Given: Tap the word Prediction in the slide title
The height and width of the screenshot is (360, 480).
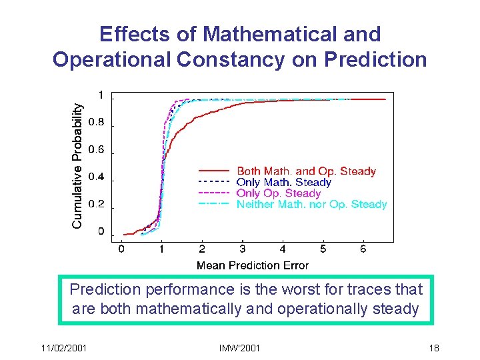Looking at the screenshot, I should pyautogui.click(x=375, y=59).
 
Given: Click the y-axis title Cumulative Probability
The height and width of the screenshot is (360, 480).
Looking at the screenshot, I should pyautogui.click(x=78, y=165).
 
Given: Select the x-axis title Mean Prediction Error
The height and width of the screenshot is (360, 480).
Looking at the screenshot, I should pyautogui.click(x=252, y=265).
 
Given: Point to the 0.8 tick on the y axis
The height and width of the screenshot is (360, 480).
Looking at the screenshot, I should pyautogui.click(x=97, y=123).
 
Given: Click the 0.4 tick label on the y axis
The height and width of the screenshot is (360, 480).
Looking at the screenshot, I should pyautogui.click(x=97, y=177).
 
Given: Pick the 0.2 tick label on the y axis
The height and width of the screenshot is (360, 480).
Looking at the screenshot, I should pyautogui.click(x=97, y=205).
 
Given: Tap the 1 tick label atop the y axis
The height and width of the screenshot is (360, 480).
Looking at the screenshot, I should pyautogui.click(x=101, y=95).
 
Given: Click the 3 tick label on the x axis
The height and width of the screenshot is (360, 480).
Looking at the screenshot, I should pyautogui.click(x=242, y=249).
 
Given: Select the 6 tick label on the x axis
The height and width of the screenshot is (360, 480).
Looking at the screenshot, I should pyautogui.click(x=363, y=249).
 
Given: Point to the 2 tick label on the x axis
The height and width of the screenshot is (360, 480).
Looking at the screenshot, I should pyautogui.click(x=202, y=249).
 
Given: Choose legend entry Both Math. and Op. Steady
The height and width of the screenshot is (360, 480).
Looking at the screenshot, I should pyautogui.click(x=306, y=171).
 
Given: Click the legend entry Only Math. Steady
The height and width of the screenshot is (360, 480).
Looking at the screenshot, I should pyautogui.click(x=284, y=182).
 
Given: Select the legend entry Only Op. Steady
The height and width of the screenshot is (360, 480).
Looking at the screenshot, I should pyautogui.click(x=279, y=193).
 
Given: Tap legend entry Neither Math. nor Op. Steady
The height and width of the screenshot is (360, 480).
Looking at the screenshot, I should pyautogui.click(x=311, y=204).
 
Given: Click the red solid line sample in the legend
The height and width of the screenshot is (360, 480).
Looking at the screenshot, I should pyautogui.click(x=214, y=171).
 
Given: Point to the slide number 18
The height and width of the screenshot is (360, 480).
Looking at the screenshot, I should pyautogui.click(x=433, y=348).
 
